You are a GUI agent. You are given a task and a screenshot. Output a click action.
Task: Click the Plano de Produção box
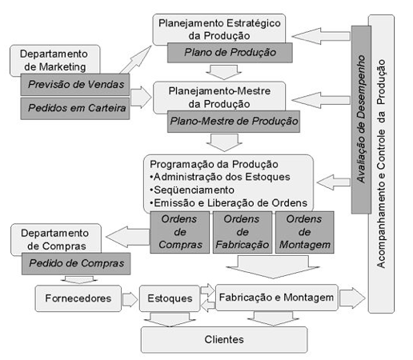230,53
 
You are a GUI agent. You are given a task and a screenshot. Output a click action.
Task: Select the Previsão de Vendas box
75,85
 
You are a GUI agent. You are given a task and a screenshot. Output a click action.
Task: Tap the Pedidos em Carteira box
75,108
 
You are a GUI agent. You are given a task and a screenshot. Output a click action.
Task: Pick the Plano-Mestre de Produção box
234,122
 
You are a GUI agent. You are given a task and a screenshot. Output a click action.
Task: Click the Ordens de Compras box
179,232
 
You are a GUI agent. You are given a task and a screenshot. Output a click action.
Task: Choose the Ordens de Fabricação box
243,232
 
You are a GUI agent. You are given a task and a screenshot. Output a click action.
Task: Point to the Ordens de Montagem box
304,232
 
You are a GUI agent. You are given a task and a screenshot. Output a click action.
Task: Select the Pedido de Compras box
76,263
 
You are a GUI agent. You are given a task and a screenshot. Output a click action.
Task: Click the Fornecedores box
78,298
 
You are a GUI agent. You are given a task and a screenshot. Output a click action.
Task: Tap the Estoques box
170,298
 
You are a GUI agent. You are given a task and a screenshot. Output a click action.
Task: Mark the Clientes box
224,340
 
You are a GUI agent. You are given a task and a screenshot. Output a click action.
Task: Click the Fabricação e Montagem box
277,298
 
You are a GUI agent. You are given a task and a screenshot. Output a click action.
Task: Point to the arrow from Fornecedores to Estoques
130,299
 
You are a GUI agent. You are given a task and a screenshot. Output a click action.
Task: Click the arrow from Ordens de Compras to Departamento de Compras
127,237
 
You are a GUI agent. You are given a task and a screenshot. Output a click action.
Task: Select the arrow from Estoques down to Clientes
170,319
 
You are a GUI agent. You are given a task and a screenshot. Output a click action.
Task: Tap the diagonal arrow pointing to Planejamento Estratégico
135,59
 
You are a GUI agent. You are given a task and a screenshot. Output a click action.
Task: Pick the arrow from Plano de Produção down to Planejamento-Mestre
224,72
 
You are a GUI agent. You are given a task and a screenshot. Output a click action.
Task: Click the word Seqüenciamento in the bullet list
194,190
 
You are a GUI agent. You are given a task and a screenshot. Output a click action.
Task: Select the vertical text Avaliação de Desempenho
361,119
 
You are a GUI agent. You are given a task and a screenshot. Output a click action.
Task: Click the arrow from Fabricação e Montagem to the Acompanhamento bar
352,298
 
